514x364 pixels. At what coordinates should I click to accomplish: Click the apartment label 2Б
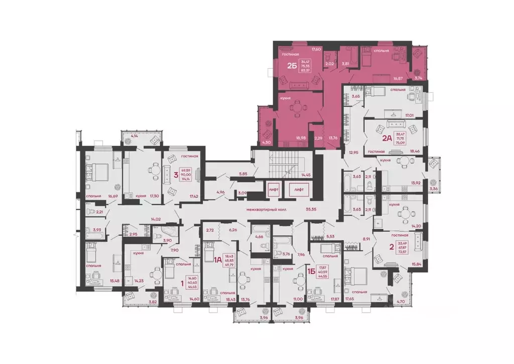pos(291,65)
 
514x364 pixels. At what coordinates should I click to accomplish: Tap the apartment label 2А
pos(387,138)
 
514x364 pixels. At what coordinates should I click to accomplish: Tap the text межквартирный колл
pos(263,209)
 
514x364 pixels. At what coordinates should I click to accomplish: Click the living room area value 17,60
pos(316,49)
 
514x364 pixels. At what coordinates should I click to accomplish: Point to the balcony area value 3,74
pos(418,78)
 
